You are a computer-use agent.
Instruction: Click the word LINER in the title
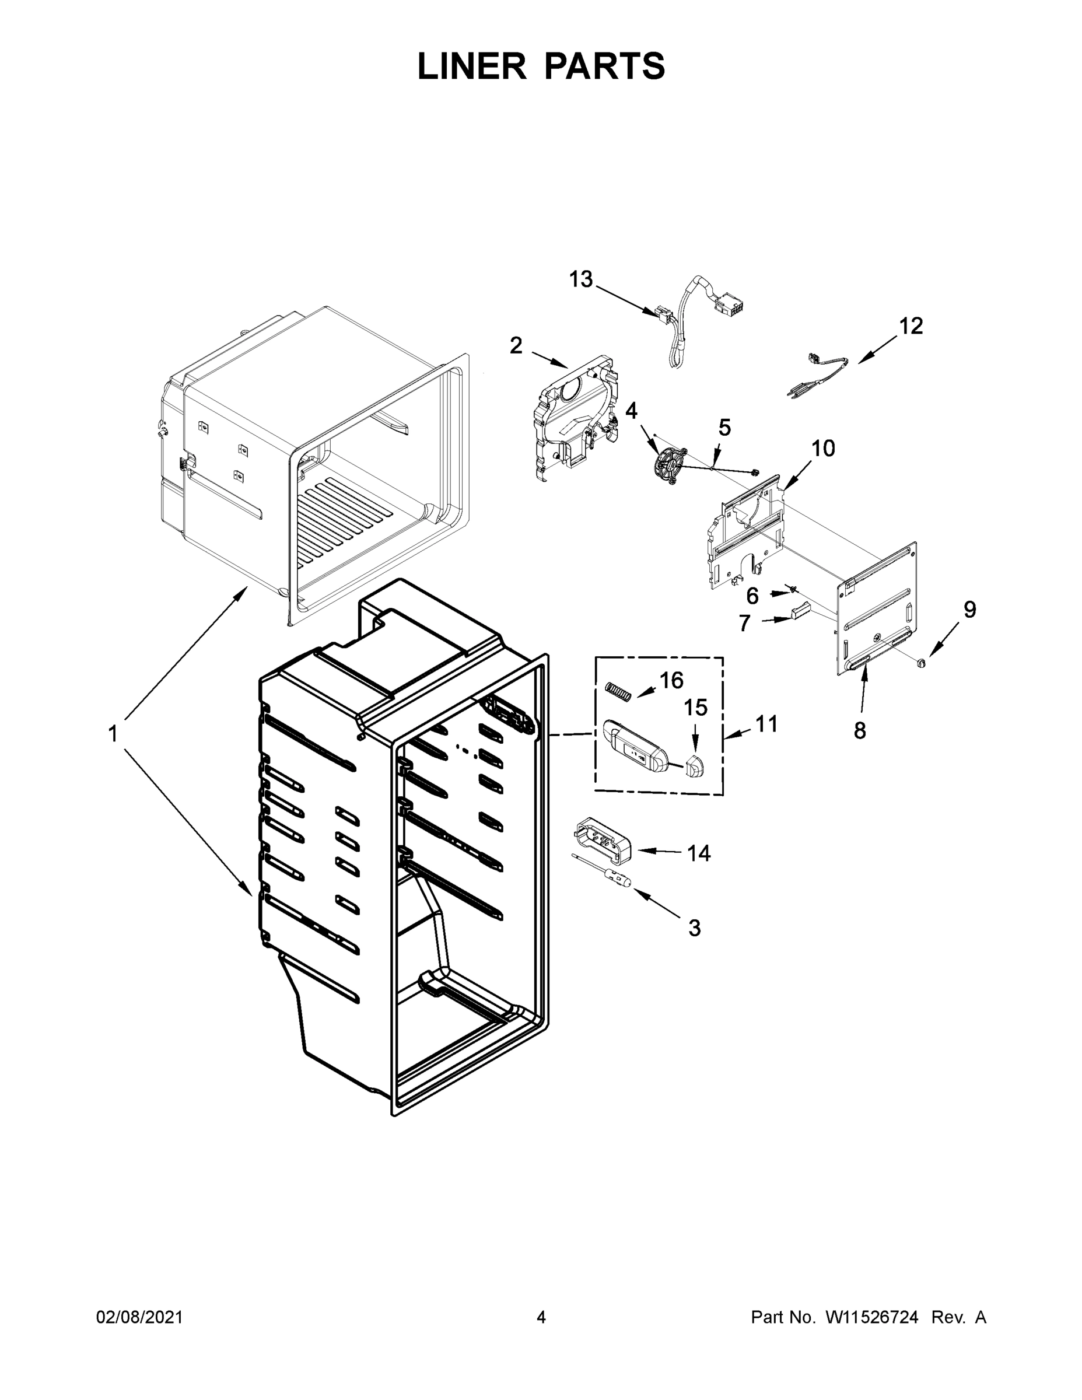pos(472,66)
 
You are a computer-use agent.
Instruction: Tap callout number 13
pos(581,279)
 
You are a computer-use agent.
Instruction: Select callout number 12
pos(910,325)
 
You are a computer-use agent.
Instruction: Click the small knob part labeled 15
pos(692,765)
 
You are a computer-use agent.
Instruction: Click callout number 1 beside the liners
pos(113,733)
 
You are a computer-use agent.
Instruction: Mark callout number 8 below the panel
pos(860,730)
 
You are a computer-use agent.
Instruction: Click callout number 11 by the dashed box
pos(766,724)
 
